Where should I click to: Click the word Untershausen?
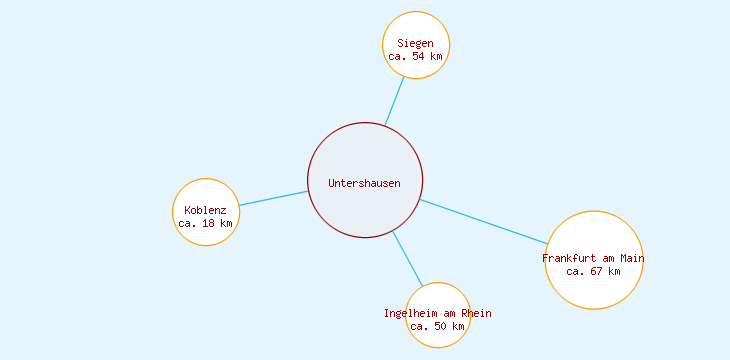pos(365,183)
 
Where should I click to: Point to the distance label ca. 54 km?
pos(416,57)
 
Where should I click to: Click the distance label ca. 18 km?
pos(206,223)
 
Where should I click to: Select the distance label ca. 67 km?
pos(594,271)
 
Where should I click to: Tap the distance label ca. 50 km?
pos(438,326)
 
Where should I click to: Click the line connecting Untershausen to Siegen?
pos(395,101)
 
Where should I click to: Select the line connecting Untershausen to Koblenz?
pos(273,198)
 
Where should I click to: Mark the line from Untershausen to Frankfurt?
pos(484,222)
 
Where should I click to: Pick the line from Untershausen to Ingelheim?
pos(407,258)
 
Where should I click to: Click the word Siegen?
pos(416,43)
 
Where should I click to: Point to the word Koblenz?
pos(206,210)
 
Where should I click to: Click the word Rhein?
pos(475,313)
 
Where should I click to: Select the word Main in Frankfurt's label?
pos(632,258)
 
